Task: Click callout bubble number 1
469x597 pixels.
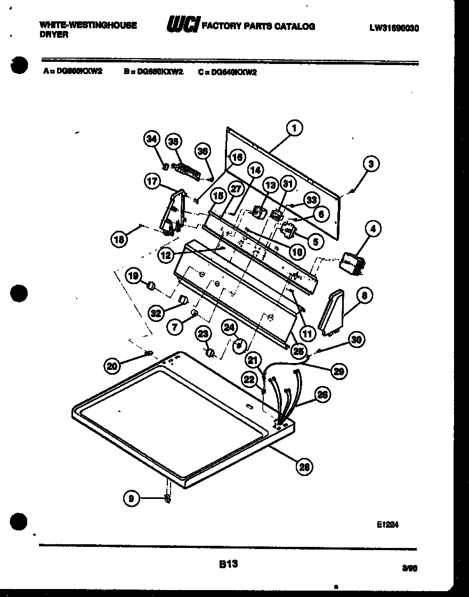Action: (293, 128)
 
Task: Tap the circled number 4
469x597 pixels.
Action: (373, 229)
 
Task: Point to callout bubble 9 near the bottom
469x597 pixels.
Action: (132, 498)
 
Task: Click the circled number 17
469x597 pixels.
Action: (152, 181)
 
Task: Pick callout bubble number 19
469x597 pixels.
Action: (134, 276)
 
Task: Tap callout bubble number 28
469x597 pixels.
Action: (304, 467)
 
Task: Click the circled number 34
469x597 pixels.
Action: (152, 139)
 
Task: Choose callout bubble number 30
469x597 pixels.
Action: (357, 339)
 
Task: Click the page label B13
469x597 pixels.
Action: (228, 563)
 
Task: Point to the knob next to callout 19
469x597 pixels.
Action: (152, 287)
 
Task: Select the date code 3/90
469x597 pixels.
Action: (409, 569)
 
